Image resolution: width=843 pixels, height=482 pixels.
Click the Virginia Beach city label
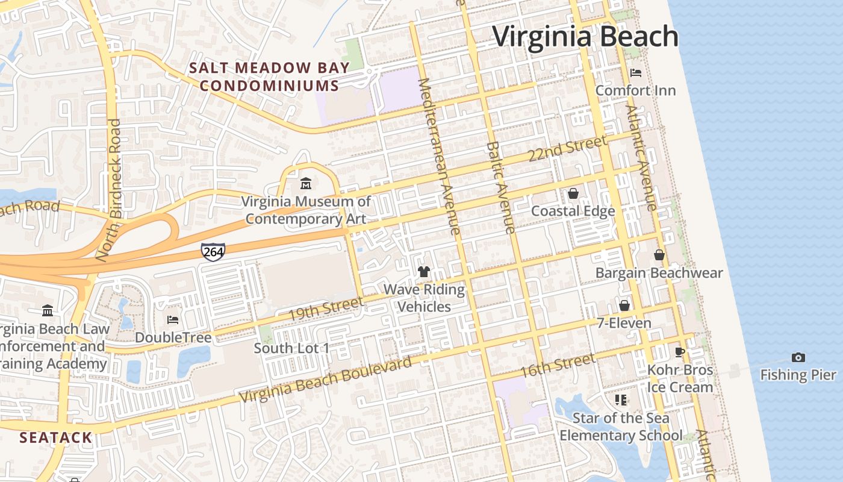coord(585,37)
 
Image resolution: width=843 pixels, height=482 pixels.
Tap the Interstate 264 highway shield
coord(213,252)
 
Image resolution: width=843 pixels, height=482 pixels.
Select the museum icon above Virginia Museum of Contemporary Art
coord(306,183)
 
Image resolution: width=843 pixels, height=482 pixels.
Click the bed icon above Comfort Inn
coord(635,73)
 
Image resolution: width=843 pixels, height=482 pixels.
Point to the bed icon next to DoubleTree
coord(173,319)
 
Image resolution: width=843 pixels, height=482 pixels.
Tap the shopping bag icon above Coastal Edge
coord(573,193)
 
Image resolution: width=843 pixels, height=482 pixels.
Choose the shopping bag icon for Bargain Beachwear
coord(659,255)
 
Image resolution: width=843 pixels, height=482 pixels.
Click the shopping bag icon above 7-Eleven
coord(624,305)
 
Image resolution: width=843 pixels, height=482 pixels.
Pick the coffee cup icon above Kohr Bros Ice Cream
coord(680,352)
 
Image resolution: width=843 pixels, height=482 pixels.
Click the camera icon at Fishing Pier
coord(798,357)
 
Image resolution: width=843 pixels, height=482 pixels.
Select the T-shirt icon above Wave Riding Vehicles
coord(424,272)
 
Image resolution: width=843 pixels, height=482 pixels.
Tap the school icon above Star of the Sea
coord(621,400)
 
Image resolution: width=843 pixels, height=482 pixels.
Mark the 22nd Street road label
coord(567,149)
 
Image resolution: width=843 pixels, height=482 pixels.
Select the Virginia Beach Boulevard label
coord(326,380)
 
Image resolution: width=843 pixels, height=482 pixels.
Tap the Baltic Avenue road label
coord(501,188)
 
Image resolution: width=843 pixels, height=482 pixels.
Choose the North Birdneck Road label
coord(110,190)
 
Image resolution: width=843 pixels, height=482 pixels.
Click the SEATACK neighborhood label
coord(56,437)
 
